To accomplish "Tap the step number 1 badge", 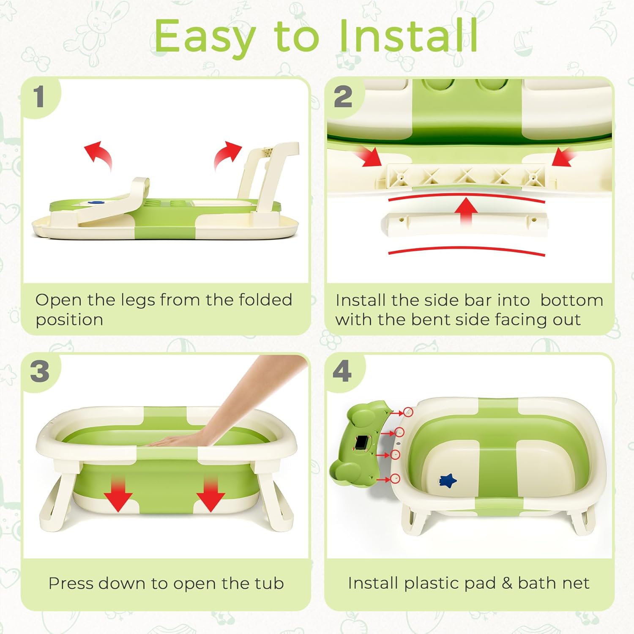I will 39,97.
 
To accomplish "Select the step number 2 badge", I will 343,97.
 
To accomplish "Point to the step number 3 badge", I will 40,372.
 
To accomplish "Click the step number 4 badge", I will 342,372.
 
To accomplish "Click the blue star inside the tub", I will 448,480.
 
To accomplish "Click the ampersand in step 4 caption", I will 507,583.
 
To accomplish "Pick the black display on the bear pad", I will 361,443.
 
